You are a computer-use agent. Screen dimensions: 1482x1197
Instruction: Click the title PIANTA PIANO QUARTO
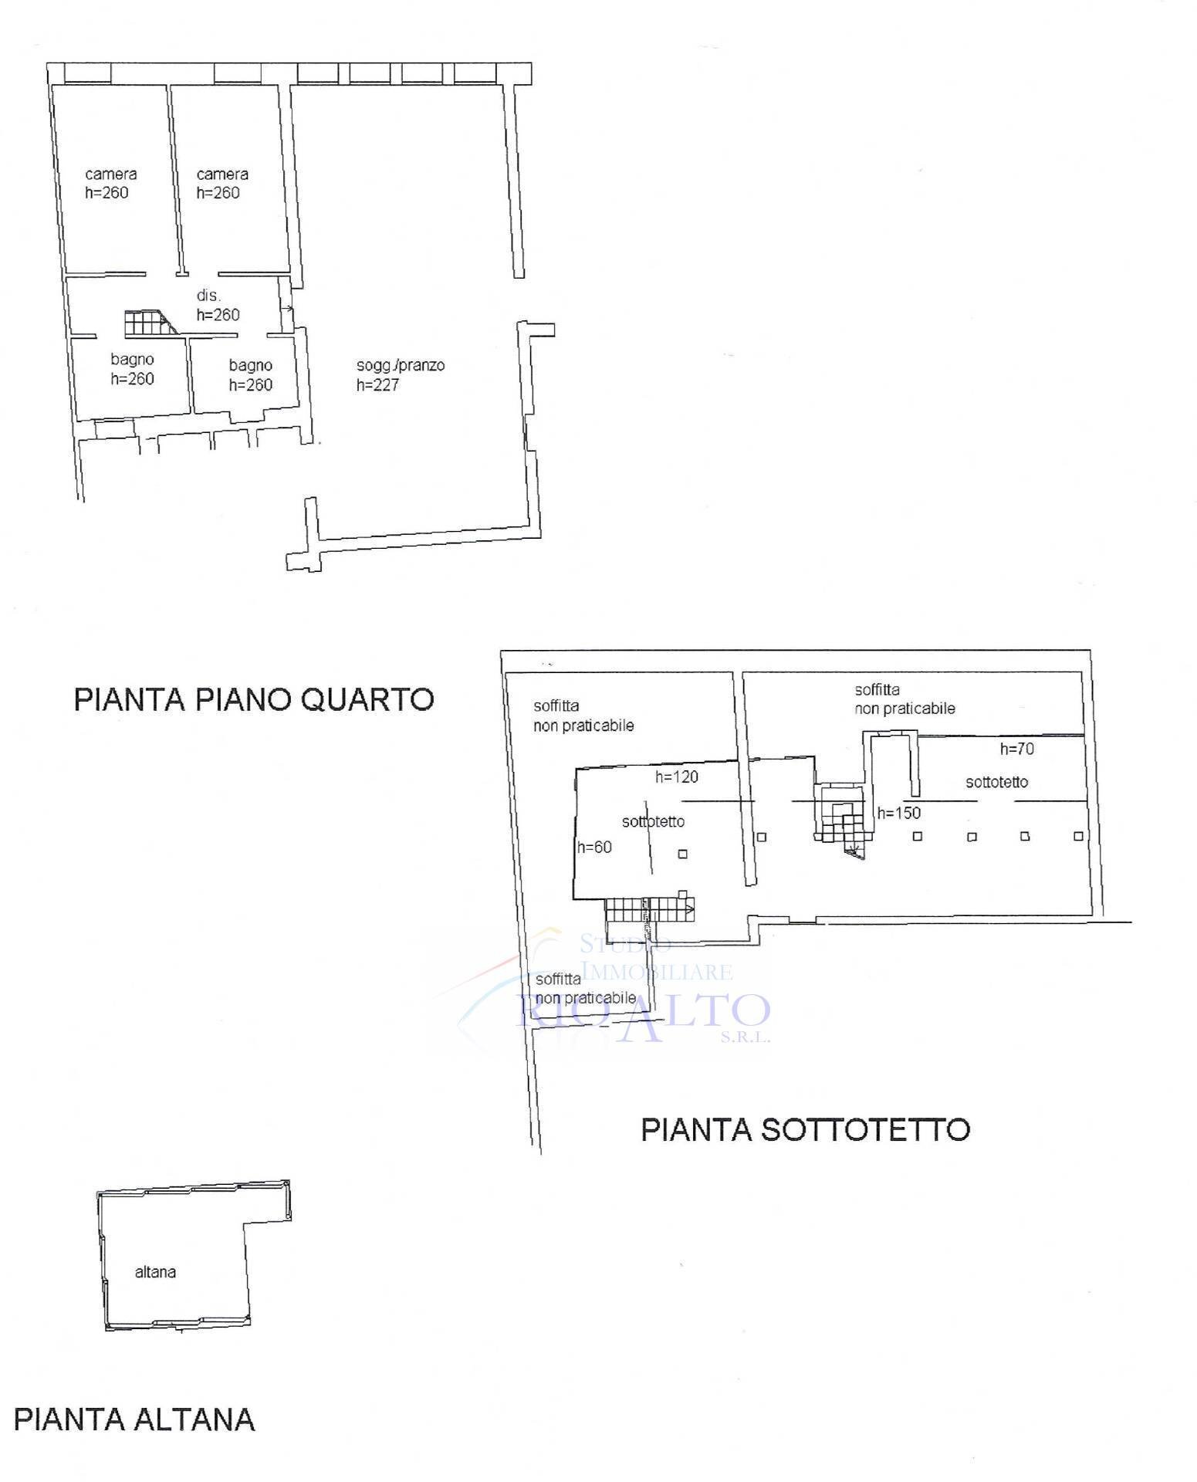pos(254,699)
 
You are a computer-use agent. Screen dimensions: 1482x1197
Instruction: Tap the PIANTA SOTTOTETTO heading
pos(806,1129)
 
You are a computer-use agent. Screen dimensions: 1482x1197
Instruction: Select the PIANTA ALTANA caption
pos(134,1419)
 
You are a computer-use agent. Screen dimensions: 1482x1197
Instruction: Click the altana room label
pos(155,1272)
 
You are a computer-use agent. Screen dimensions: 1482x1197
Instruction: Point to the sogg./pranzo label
pos(401,365)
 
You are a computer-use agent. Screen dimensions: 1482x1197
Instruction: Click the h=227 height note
pos(377,384)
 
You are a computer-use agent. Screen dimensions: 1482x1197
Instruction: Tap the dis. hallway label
pos(208,295)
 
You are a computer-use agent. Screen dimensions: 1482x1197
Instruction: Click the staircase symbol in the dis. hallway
pos(149,323)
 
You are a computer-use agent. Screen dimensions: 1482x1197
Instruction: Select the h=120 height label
pos(677,777)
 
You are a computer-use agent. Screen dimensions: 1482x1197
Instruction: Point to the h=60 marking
pos(594,847)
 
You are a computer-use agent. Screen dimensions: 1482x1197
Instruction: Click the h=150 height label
pos(899,813)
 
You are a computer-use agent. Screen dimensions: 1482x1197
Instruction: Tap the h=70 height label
pos(1016,749)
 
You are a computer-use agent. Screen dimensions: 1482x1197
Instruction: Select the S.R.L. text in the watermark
pos(745,1038)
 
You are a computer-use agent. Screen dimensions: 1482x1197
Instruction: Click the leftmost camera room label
pos(111,174)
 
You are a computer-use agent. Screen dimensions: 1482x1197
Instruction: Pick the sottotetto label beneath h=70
pos(996,782)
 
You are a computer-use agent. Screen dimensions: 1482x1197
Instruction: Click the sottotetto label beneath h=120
pos(653,821)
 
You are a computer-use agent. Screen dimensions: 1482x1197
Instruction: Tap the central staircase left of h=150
pos(841,818)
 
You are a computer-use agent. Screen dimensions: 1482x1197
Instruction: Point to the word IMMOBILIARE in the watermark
pos(656,971)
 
